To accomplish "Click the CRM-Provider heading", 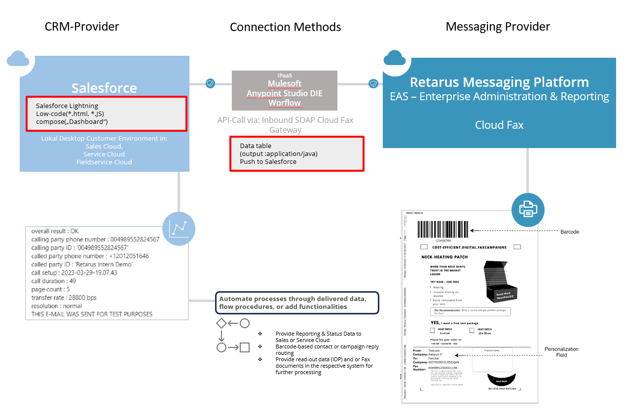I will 82,27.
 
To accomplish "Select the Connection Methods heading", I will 285,27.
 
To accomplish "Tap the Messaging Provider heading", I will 498,27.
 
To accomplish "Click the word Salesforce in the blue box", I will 104,88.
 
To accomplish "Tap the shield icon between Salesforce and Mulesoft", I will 210,83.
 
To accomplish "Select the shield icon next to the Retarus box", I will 373,83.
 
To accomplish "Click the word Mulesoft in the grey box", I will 285,83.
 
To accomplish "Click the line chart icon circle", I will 179,229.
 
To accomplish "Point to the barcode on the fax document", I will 443,230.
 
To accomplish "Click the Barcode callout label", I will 570,231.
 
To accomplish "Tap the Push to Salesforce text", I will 268,162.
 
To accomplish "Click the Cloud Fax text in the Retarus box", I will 499,125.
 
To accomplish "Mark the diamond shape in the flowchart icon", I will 221,324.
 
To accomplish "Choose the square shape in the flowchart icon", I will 245,347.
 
